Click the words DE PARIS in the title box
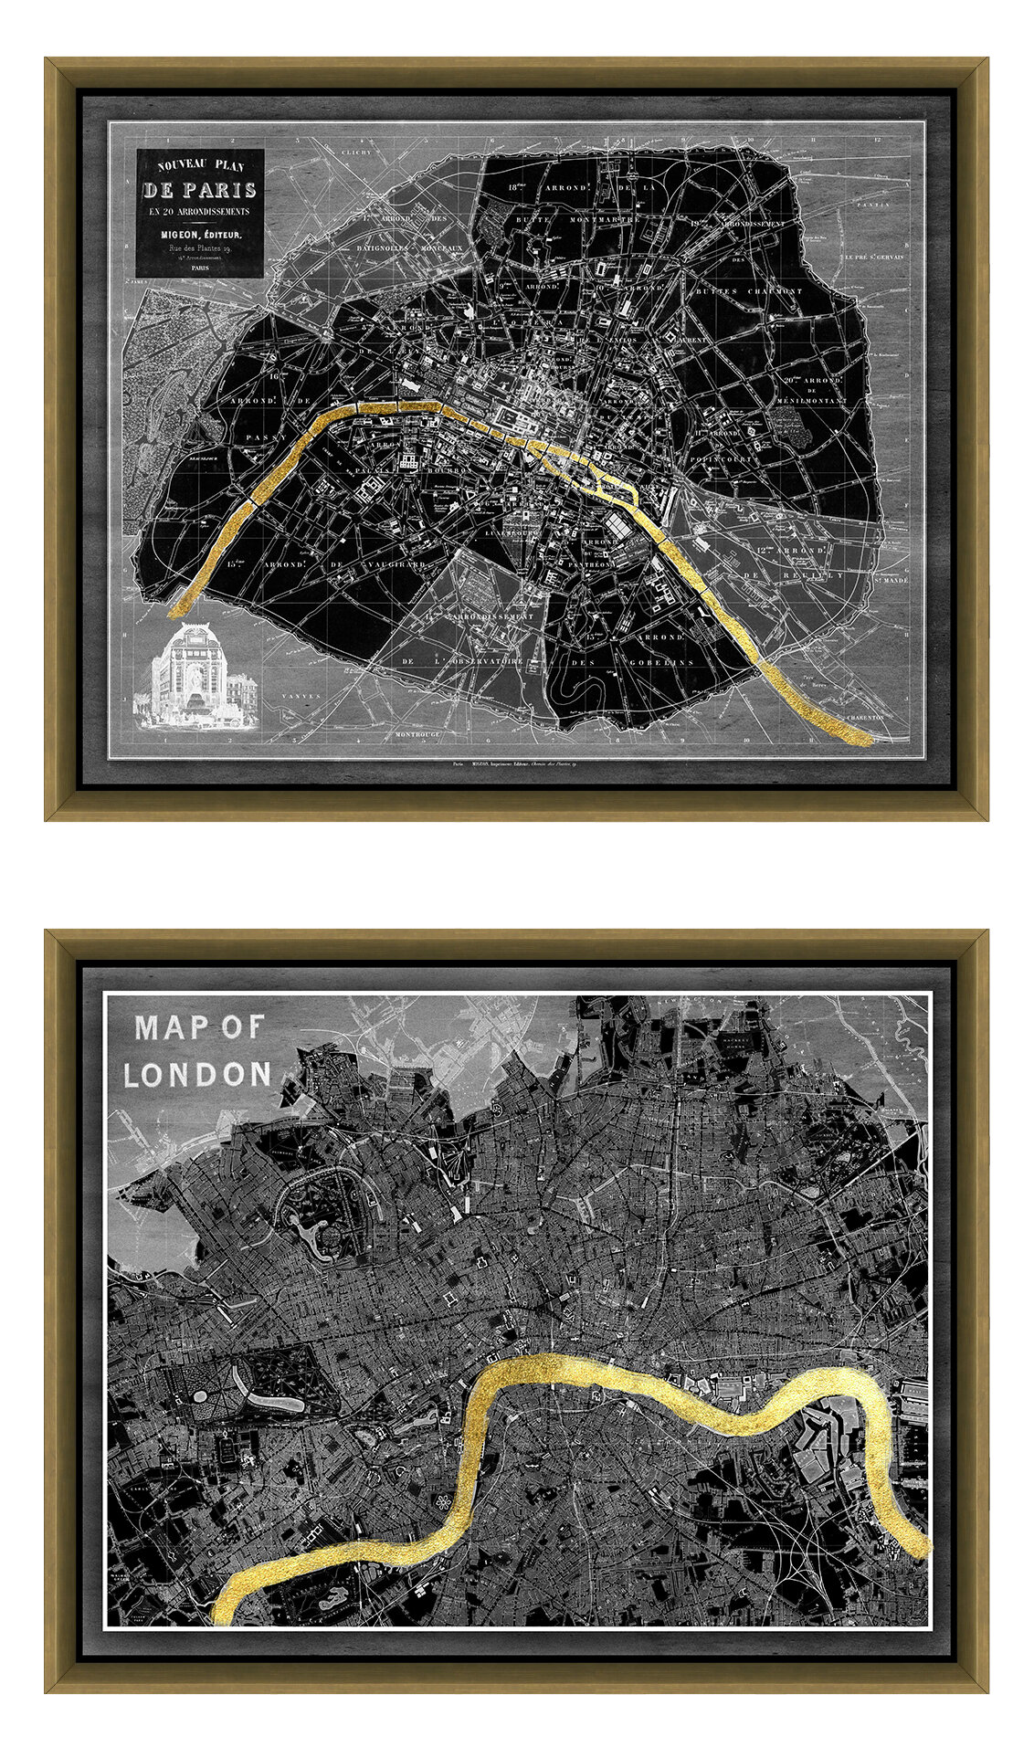(x=199, y=191)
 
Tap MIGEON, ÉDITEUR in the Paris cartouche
(x=200, y=235)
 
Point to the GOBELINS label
(x=655, y=662)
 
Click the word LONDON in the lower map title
(x=197, y=1075)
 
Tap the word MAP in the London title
(x=166, y=1028)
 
